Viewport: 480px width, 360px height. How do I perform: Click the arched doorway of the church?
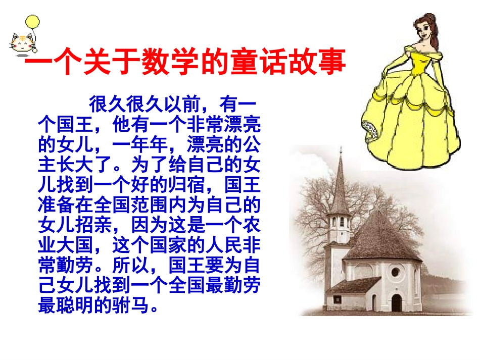(x=397, y=302)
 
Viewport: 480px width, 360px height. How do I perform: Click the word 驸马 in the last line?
(x=140, y=306)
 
